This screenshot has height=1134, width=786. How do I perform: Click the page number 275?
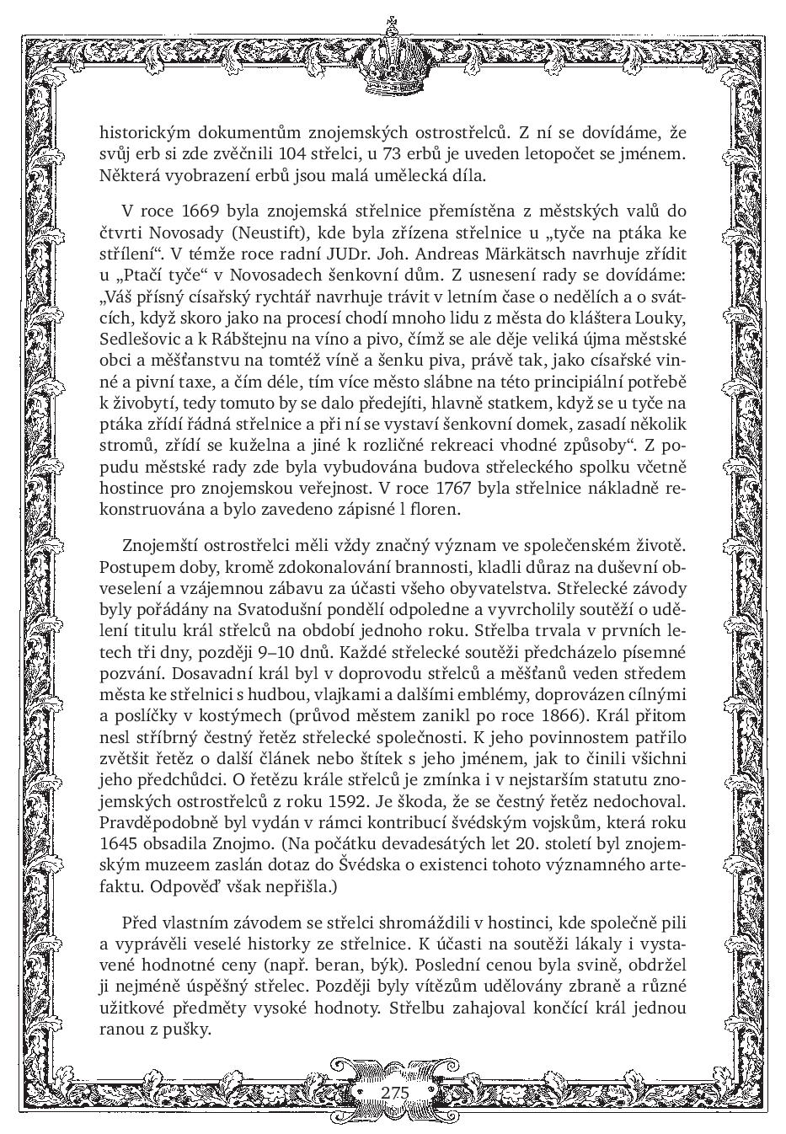[393, 1092]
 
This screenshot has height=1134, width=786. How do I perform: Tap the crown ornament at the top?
[392, 58]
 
